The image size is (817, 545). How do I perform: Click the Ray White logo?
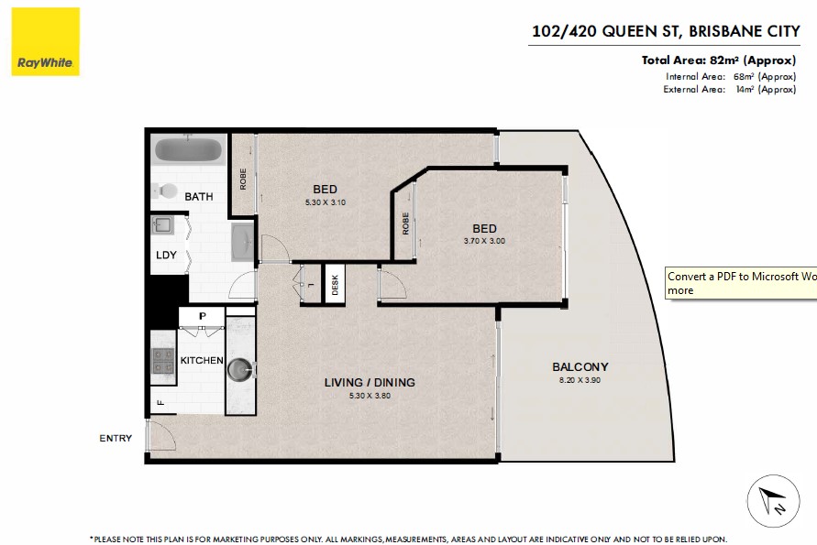pos(45,41)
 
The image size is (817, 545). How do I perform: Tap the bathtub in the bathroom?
pos(189,150)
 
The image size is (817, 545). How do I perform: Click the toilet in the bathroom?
pos(165,191)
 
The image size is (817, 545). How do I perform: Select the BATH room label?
pos(198,197)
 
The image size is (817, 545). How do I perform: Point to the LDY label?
pos(166,255)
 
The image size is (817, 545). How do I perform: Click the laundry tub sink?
pos(162,225)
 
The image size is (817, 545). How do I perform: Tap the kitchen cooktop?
pos(162,361)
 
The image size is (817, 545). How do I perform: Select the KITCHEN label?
pos(202,360)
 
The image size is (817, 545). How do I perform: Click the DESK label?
pos(335,285)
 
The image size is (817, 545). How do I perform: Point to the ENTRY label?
pos(116,439)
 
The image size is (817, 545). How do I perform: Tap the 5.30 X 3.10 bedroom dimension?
pos(326,202)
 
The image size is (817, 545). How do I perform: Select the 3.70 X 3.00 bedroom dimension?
pos(484,241)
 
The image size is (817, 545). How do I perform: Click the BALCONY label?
pos(580,367)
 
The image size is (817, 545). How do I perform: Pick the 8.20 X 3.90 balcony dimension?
pos(580,380)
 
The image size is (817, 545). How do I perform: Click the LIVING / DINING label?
pos(370,383)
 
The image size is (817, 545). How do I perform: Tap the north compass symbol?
pos(773,501)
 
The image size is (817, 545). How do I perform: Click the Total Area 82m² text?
pos(719,60)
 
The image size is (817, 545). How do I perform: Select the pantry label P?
pos(202,316)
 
